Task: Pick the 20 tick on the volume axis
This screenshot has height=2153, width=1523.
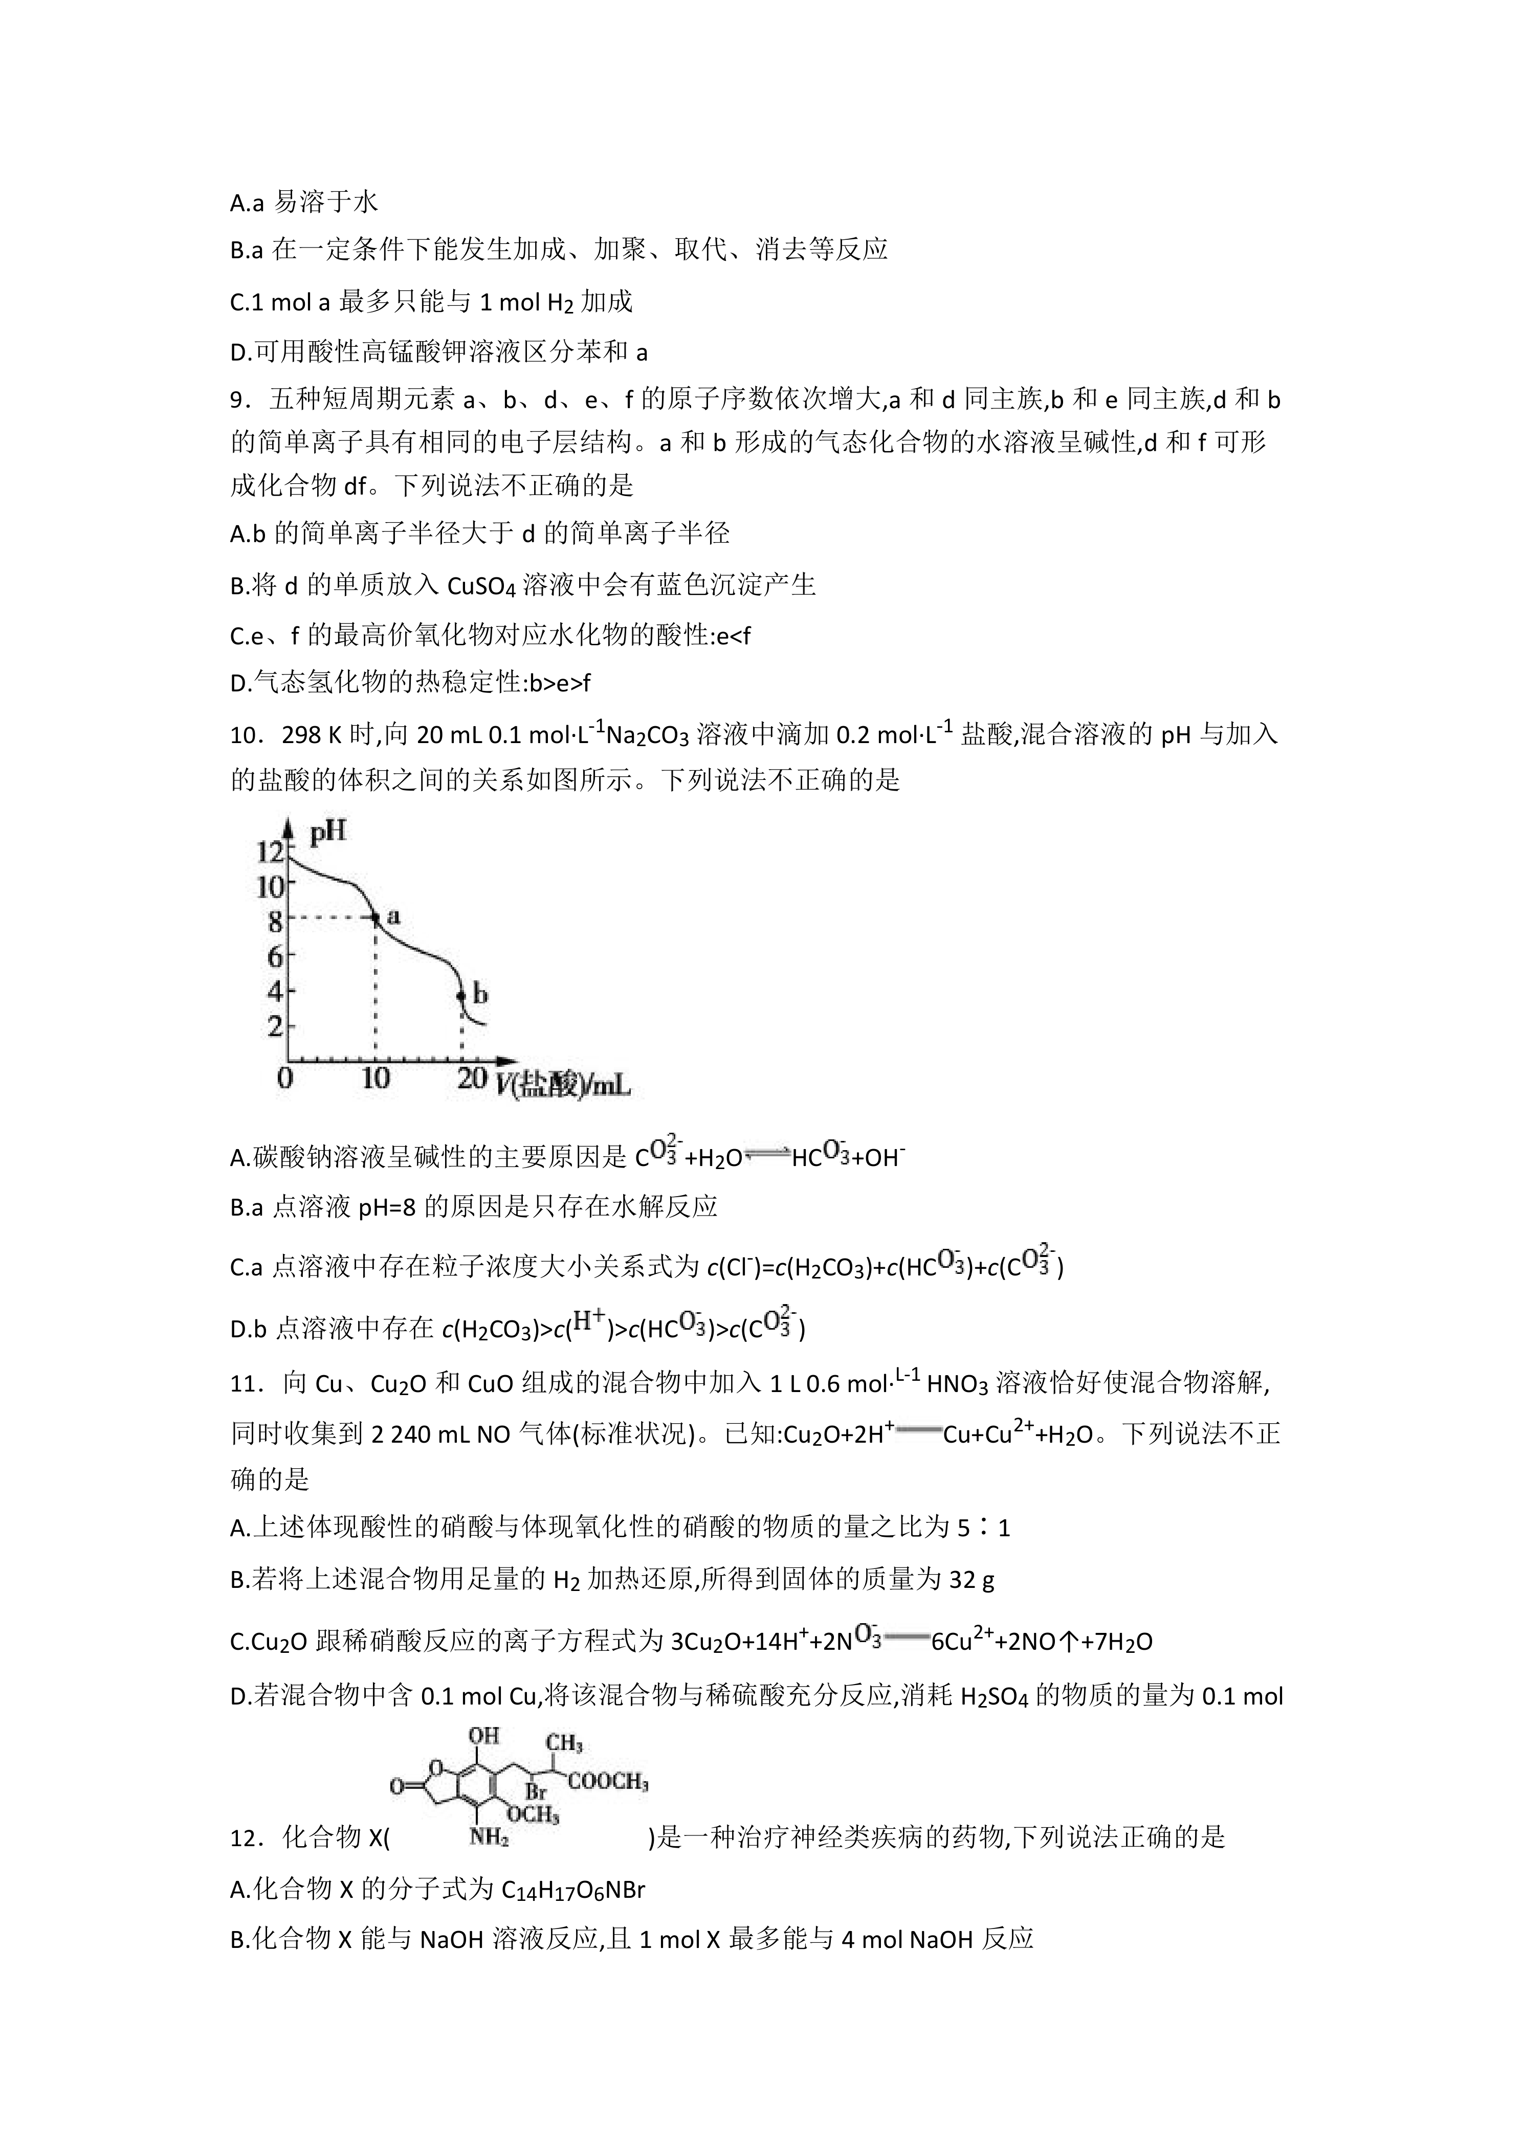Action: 472,1079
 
